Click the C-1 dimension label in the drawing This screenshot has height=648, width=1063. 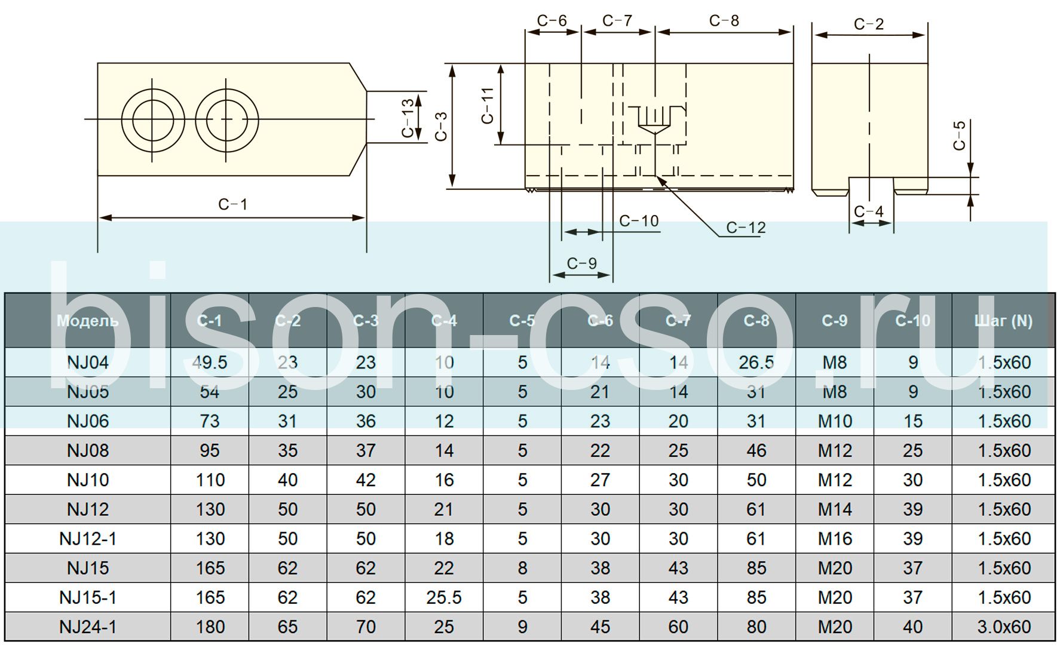click(x=232, y=204)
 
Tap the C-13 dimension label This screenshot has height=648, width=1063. click(x=408, y=118)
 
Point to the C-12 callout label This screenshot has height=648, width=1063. click(x=746, y=228)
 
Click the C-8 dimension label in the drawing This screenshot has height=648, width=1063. click(x=724, y=21)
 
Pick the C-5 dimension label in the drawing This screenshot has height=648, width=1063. click(x=959, y=135)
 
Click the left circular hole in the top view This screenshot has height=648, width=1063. click(x=152, y=119)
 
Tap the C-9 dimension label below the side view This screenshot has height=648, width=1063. click(x=581, y=263)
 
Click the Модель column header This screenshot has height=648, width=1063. click(x=88, y=321)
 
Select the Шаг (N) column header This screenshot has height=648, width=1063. click(x=1003, y=321)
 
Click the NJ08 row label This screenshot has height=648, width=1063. click(x=88, y=450)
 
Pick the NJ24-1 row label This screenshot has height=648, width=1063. click(x=88, y=626)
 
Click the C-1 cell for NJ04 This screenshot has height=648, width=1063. click(x=210, y=363)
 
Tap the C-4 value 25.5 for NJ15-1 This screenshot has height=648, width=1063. click(x=444, y=597)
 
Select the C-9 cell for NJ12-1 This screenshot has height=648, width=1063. click(x=835, y=539)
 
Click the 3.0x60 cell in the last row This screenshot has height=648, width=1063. click(x=1004, y=626)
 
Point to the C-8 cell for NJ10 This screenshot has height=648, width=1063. click(x=756, y=480)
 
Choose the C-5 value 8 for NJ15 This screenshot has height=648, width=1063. click(x=522, y=568)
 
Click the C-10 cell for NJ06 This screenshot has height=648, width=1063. click(x=912, y=421)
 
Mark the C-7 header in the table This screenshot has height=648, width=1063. click(x=678, y=321)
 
